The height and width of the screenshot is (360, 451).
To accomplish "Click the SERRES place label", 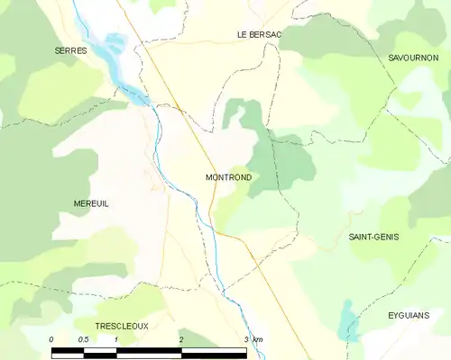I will tap(69, 51).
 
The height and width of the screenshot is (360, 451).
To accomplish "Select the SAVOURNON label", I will tap(412, 57).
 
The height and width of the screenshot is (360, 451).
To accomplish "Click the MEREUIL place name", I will tap(91, 204).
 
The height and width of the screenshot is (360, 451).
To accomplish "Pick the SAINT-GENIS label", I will tap(373, 237).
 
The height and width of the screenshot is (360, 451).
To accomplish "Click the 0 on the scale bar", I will tap(51, 338).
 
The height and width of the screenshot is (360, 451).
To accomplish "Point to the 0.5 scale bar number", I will tap(83, 338).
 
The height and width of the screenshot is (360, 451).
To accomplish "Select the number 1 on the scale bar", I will tap(116, 338).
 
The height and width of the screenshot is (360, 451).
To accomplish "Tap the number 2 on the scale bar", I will tap(181, 338).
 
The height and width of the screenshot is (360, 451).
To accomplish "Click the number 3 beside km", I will tap(246, 338).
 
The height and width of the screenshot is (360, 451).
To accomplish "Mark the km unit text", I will tap(258, 338).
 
